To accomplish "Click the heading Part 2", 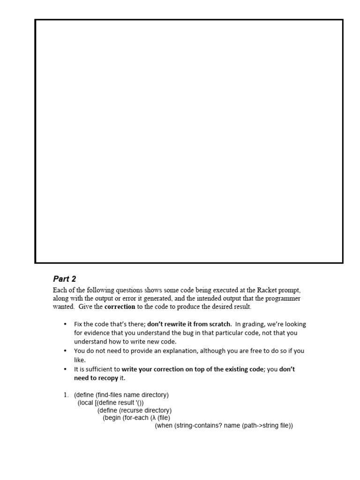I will (64, 279).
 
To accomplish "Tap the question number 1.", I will (66, 395).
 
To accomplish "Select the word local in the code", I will (87, 403).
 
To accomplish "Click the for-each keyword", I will (136, 418).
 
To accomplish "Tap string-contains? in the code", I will (199, 426).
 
